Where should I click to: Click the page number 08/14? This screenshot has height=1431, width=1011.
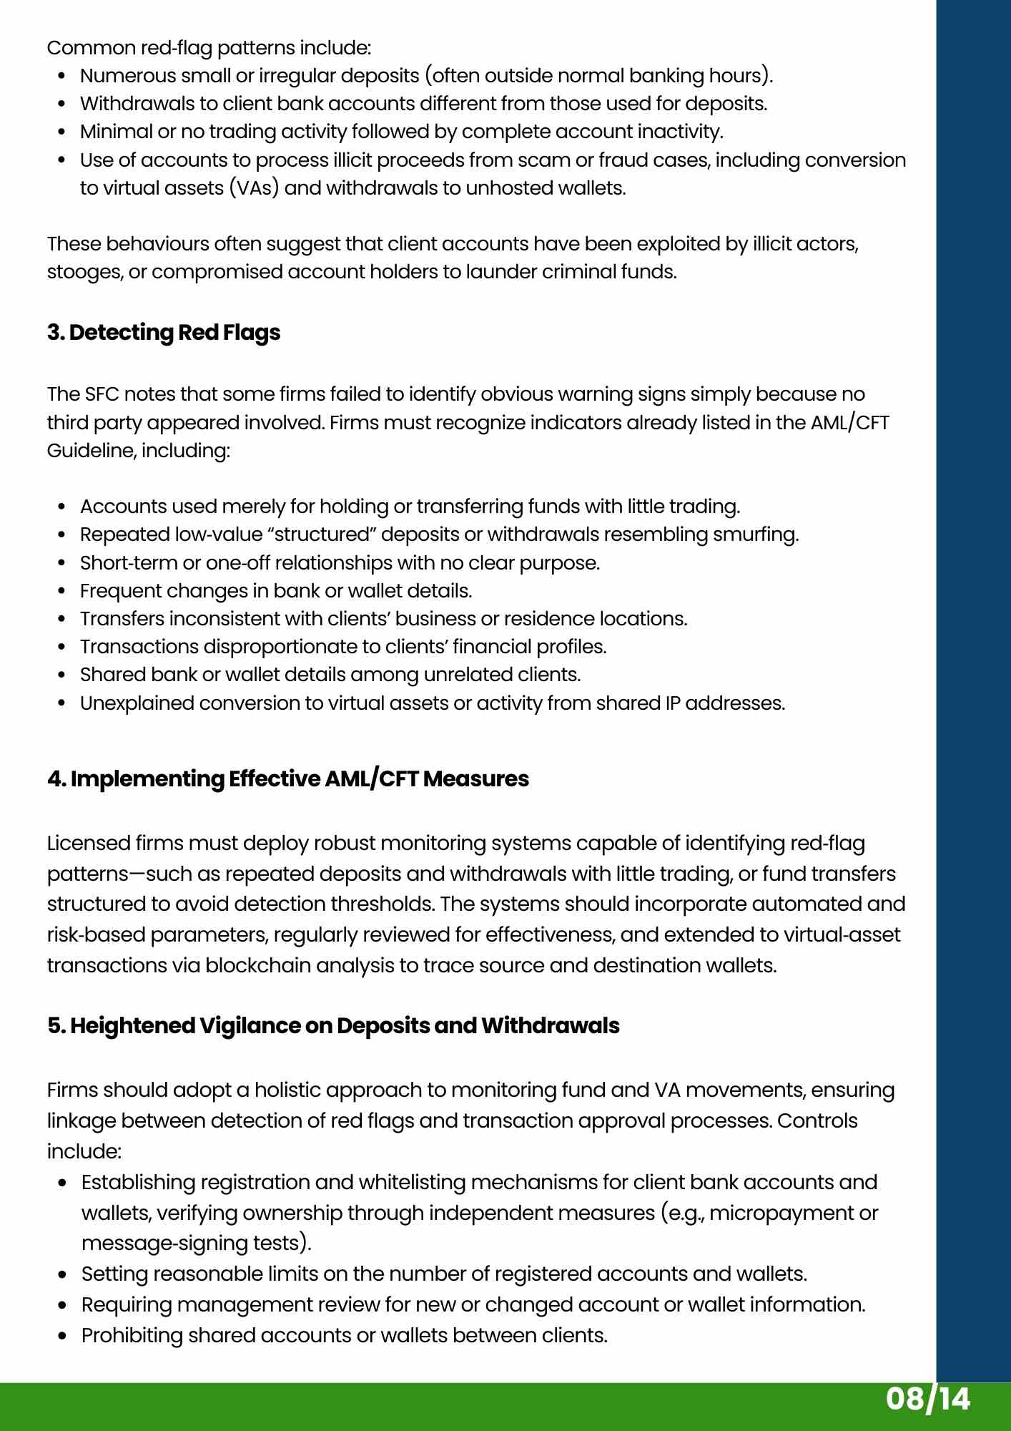coord(927,1399)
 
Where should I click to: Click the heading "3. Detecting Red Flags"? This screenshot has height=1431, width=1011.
coord(164,333)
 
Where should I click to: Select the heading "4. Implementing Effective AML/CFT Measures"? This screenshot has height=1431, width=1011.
coord(288,778)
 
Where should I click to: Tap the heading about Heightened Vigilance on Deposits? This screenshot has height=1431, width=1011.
coord(333,1025)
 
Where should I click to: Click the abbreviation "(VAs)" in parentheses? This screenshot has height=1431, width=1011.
coord(253,188)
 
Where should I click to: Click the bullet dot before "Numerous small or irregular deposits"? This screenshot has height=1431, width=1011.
coord(62,77)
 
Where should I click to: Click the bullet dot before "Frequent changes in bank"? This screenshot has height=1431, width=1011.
coord(62,592)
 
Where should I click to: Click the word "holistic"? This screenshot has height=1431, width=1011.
coord(287,1090)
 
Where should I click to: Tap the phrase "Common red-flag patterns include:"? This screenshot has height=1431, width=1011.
coord(209,48)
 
